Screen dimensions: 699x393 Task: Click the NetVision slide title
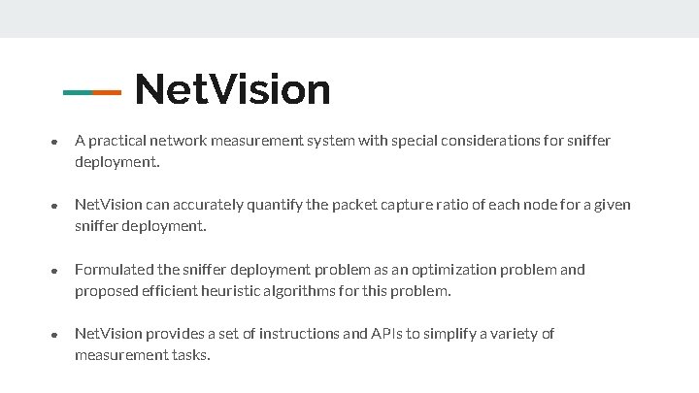pos(233,90)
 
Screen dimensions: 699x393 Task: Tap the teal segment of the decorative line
pos(77,93)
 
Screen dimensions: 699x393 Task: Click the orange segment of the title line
pos(106,93)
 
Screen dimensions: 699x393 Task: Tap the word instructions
pos(290,334)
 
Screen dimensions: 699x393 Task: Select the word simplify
pos(449,334)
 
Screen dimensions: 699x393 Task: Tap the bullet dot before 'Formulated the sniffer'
pos(55,271)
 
